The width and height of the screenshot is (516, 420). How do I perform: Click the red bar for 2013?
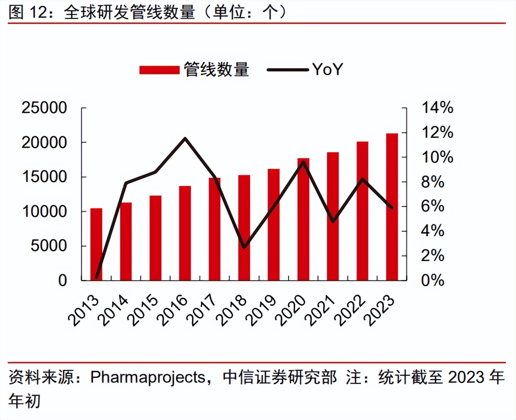tap(96, 244)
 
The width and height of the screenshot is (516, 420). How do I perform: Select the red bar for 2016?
tap(185, 233)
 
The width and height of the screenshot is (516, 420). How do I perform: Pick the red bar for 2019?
tap(273, 224)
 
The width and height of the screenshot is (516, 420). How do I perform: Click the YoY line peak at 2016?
tap(185, 138)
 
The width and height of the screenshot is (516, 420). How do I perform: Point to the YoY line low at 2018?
tap(244, 247)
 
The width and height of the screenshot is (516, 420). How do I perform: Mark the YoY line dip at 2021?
tap(333, 221)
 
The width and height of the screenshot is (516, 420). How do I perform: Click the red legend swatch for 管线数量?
tap(159, 70)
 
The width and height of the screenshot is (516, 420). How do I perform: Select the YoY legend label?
tap(327, 70)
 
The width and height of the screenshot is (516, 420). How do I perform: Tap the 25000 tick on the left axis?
tap(44, 108)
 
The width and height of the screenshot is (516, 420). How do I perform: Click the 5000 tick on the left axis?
tap(49, 246)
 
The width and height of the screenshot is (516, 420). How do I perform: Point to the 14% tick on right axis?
tap(437, 108)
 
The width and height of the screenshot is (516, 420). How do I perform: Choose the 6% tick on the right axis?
tap(432, 206)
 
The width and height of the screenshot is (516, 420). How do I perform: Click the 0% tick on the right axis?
tap(432, 280)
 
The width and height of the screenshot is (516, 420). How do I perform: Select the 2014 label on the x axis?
tap(113, 310)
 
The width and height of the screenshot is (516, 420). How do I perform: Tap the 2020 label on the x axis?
tap(291, 310)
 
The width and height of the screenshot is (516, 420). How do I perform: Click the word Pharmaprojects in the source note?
tap(148, 377)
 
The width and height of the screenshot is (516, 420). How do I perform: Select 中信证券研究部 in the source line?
tap(280, 377)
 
